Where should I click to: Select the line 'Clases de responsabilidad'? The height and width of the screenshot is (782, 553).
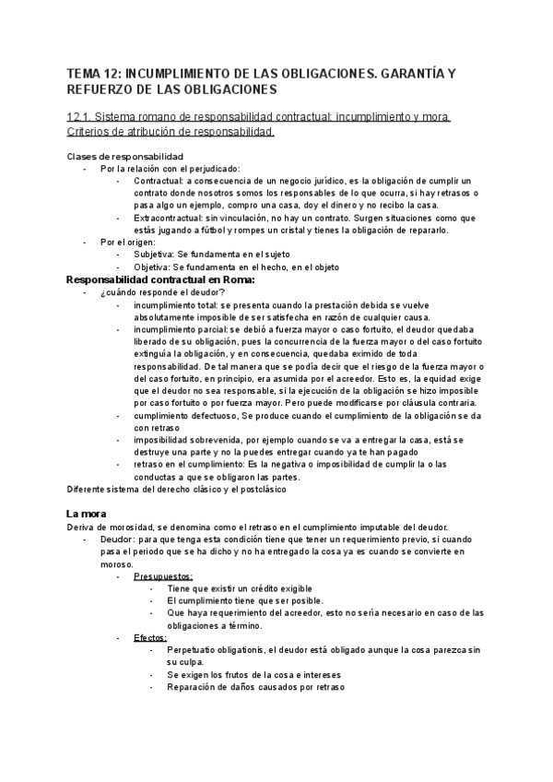coord(126,156)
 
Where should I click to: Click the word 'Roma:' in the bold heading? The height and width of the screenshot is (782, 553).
coord(234,279)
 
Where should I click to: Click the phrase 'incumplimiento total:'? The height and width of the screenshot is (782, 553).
coord(175,304)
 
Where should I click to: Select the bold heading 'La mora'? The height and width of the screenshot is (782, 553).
coord(88,512)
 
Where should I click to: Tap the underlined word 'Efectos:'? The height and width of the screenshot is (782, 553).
coord(149,637)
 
